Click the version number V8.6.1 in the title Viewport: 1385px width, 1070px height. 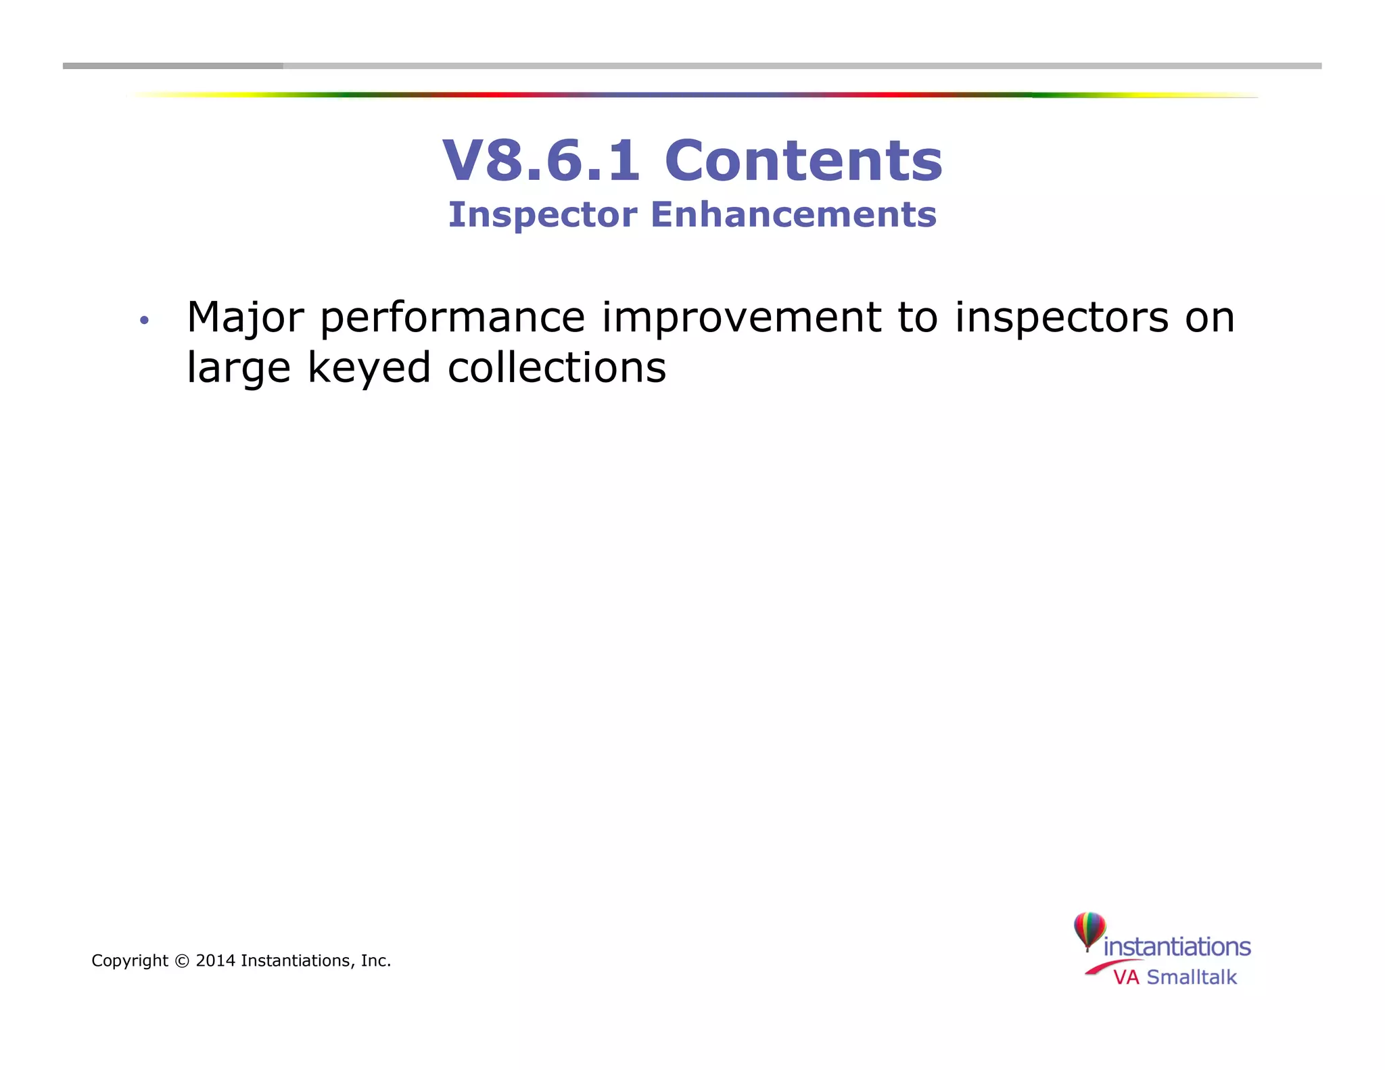click(x=541, y=160)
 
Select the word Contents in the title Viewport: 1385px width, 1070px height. click(x=803, y=160)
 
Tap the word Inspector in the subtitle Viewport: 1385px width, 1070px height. click(x=542, y=215)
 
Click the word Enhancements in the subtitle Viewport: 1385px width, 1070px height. click(x=793, y=215)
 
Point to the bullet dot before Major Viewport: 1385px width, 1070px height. click(x=143, y=320)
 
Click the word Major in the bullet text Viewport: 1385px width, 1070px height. click(x=245, y=318)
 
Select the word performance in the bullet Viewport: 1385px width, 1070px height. click(x=452, y=318)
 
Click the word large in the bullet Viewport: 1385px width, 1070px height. click(x=238, y=369)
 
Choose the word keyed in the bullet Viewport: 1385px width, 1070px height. click(x=369, y=369)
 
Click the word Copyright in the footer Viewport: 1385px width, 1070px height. click(x=130, y=961)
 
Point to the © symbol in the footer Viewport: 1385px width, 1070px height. click(x=181, y=961)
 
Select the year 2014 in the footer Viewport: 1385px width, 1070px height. click(x=215, y=961)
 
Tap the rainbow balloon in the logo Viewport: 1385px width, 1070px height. click(x=1089, y=930)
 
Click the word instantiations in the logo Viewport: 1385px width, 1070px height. click(x=1177, y=947)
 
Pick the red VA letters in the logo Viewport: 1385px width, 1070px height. click(x=1126, y=977)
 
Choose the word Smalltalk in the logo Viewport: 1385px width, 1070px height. click(x=1192, y=977)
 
